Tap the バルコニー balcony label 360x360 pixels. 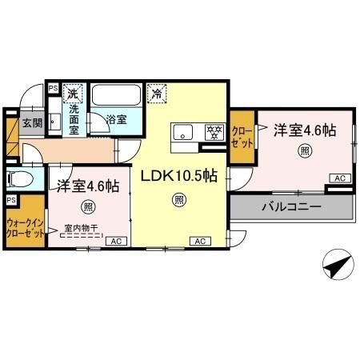pyautogui.click(x=291, y=206)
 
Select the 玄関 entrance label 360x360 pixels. pyautogui.click(x=31, y=123)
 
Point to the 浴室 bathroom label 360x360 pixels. pyautogui.click(x=117, y=120)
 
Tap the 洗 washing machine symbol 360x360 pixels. pyautogui.click(x=74, y=91)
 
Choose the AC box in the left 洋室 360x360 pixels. pyautogui.click(x=114, y=241)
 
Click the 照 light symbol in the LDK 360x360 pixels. pyautogui.click(x=178, y=199)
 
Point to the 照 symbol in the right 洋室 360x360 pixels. pyautogui.click(x=305, y=150)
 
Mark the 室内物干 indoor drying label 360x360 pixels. pyautogui.click(x=81, y=228)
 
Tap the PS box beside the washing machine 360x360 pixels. pyautogui.click(x=53, y=90)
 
